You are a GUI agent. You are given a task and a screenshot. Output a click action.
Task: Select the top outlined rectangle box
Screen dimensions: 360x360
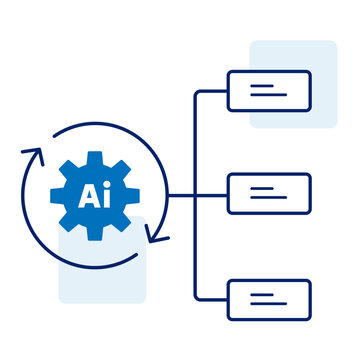coord(269,91)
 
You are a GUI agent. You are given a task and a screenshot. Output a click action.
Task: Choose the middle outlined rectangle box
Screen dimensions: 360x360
coord(269,194)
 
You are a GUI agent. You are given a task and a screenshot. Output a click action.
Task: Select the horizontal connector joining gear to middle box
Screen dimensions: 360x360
coord(185,194)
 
